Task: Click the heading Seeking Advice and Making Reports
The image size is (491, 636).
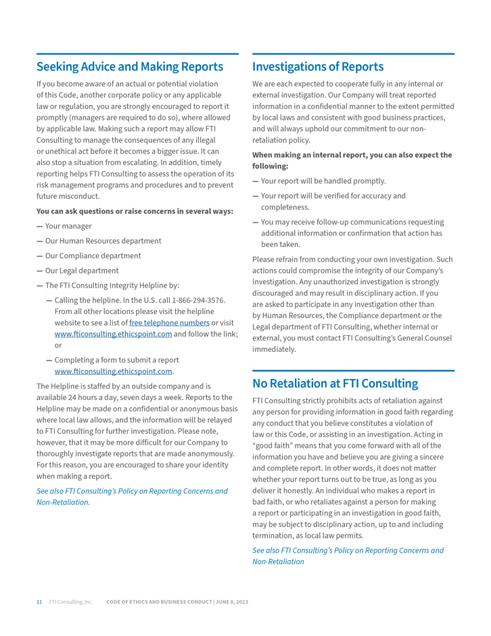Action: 129,66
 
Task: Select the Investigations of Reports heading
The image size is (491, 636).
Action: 317,66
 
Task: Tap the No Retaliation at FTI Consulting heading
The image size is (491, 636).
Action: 335,383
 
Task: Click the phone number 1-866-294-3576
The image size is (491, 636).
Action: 199,300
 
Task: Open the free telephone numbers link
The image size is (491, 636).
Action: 169,323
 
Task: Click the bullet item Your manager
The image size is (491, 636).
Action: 68,226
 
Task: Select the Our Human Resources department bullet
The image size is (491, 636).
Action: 103,241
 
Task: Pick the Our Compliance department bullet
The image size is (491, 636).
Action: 93,256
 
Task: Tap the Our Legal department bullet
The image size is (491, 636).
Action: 81,271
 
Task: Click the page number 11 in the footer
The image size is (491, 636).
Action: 39,601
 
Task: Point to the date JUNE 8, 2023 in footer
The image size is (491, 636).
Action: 233,601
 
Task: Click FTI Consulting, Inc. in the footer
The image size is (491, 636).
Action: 70,601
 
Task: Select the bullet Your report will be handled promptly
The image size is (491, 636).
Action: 323,181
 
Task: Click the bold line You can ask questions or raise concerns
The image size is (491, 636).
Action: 135,211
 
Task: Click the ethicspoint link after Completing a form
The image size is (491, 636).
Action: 113,371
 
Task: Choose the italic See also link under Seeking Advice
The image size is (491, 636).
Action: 132,491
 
